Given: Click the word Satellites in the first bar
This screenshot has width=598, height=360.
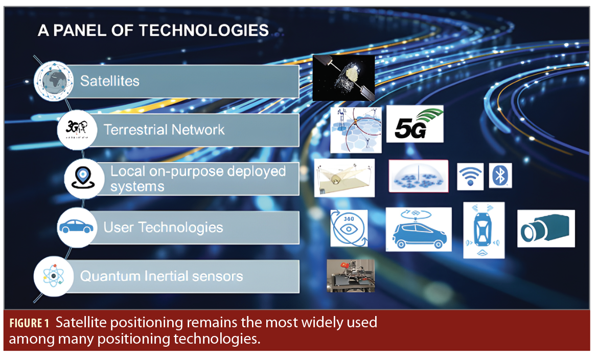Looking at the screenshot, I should click(110, 81).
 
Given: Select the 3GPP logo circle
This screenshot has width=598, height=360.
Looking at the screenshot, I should click(77, 129).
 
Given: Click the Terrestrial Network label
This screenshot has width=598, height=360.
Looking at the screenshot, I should click(164, 129).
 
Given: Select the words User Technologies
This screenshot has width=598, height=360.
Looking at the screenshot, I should click(163, 227).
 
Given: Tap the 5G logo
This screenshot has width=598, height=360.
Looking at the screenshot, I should click(415, 124).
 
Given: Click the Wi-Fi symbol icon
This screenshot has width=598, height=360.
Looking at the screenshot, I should click(470, 176).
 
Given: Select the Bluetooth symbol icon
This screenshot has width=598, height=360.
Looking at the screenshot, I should click(500, 176).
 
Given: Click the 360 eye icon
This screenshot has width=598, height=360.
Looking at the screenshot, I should click(349, 228).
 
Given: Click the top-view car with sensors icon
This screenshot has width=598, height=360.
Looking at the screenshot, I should click(484, 230).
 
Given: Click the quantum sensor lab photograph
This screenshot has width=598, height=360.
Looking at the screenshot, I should click(351, 275).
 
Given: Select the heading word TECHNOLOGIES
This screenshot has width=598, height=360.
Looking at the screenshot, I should click(204, 30).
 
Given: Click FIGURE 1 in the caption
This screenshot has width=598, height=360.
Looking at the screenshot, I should click(29, 323).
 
